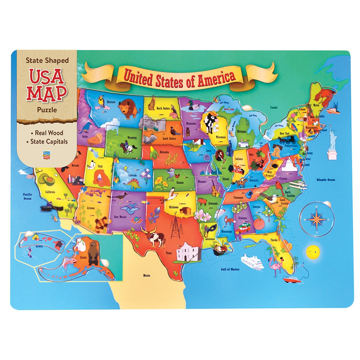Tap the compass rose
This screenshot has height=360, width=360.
316,219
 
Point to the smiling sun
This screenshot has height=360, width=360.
312,253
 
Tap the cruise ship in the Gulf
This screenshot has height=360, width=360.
252,262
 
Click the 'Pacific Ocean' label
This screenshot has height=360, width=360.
27,196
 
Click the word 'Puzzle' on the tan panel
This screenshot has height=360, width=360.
47,110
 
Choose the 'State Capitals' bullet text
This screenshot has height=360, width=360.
49,141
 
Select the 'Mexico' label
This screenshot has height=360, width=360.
147,275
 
